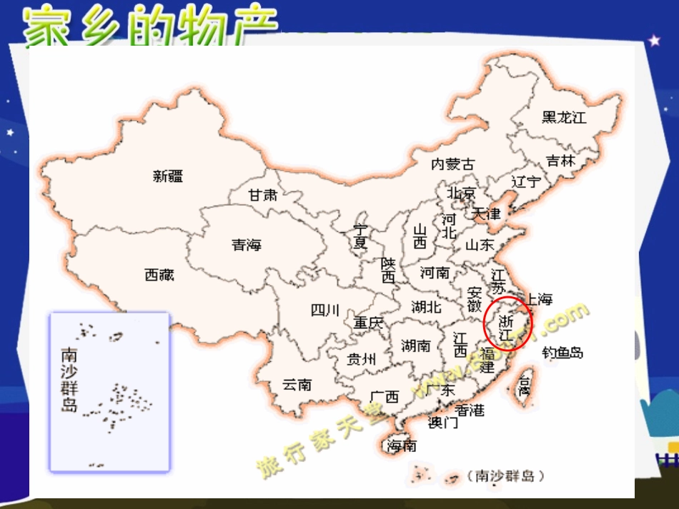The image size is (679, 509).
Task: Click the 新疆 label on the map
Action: (x=168, y=176)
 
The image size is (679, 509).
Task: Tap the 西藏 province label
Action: (x=159, y=274)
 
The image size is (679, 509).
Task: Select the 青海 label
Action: (x=247, y=245)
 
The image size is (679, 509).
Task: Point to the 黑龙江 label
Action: (x=564, y=117)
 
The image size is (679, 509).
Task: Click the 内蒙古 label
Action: (x=452, y=164)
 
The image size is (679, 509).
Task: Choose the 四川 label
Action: (x=325, y=310)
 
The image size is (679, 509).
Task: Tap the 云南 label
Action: (x=297, y=384)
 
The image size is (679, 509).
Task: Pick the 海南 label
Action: (x=402, y=446)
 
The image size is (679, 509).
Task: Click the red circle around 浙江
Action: (x=507, y=323)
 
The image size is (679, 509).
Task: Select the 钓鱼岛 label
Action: (x=562, y=352)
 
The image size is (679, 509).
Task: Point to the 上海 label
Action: (x=539, y=298)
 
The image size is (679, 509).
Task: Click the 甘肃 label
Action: (x=262, y=194)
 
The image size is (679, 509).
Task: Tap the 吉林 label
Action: (x=560, y=161)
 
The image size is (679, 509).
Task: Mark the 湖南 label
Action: (x=416, y=346)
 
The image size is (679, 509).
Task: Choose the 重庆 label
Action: (x=369, y=323)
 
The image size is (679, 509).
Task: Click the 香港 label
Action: (x=470, y=410)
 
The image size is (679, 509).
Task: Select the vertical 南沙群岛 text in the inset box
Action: (x=69, y=380)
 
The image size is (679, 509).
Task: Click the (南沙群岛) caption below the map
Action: (x=500, y=475)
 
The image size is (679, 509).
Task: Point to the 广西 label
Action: (x=385, y=396)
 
